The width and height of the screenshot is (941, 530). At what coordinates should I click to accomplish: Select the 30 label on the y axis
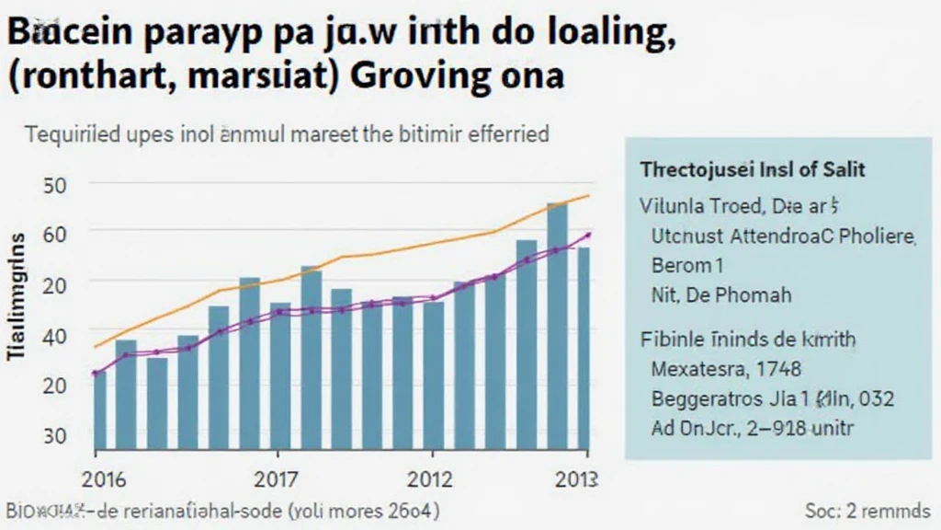pyautogui.click(x=55, y=435)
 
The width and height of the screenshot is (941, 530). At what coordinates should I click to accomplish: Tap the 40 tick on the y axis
pyautogui.click(x=55, y=337)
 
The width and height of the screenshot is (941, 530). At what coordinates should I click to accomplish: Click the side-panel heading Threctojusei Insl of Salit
pyautogui.click(x=754, y=170)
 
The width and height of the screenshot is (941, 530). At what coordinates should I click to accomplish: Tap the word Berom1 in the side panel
pyautogui.click(x=681, y=266)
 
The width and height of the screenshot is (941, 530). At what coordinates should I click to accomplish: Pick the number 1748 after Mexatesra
pyautogui.click(x=777, y=370)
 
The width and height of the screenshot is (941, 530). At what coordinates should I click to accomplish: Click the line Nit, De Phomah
pyautogui.click(x=720, y=295)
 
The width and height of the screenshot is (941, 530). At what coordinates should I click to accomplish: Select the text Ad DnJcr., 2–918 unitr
pyautogui.click(x=753, y=427)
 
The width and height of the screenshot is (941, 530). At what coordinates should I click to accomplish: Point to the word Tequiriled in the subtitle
pyautogui.click(x=74, y=134)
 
